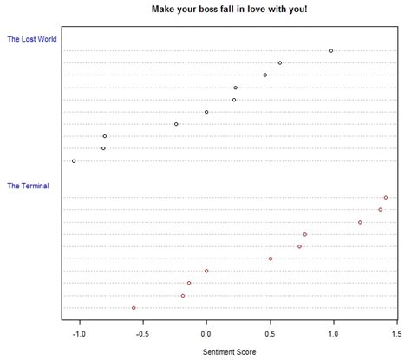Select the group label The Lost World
point(32,39)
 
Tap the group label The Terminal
point(28,186)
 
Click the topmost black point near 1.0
point(331,51)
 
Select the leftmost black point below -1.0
point(74,161)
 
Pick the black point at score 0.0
point(206,112)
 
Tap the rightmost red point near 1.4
point(386,198)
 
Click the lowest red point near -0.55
point(134,308)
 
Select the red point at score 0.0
point(206,271)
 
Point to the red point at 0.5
point(271,259)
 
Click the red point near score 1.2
point(360,223)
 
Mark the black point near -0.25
point(176,124)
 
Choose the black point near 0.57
point(279,62)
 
